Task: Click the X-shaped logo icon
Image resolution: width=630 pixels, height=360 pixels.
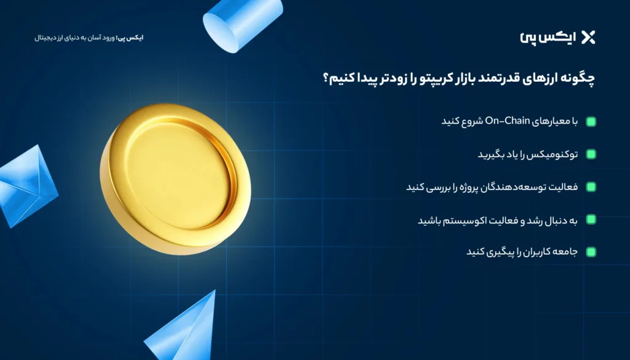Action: pos(588,38)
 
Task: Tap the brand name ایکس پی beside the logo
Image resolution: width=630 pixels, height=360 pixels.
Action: pos(556,38)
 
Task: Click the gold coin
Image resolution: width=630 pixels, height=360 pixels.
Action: pos(175,179)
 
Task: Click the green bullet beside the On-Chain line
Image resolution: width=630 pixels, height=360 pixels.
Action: pos(591,122)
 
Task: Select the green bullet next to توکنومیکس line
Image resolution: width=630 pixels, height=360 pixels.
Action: pos(591,154)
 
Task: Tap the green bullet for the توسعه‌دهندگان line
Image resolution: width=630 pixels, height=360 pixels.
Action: pos(591,187)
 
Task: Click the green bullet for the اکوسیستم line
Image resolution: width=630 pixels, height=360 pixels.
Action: pos(591,220)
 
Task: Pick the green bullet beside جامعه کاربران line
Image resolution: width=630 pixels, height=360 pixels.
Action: pos(591,252)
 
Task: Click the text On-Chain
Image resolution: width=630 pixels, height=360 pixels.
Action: pos(508,121)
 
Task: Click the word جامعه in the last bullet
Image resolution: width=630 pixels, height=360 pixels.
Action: pos(567,252)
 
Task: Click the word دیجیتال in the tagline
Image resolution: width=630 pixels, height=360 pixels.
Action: pos(46,38)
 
